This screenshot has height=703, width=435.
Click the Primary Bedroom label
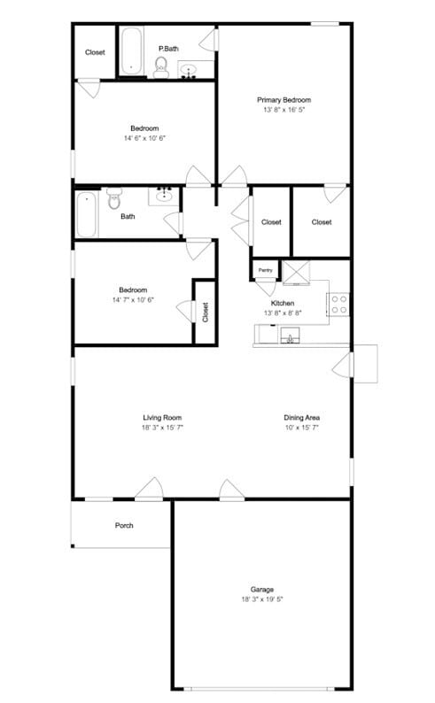point(284,100)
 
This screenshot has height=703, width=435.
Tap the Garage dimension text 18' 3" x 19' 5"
point(261,599)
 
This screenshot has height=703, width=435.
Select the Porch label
point(124,526)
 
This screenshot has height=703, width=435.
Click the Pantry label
point(265,269)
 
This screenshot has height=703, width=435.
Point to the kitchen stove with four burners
point(339,305)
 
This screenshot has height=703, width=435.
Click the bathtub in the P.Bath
point(132,51)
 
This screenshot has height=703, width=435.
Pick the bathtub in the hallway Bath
point(86,214)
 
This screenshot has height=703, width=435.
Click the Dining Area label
point(301,417)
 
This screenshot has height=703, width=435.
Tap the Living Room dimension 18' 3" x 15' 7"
point(163,428)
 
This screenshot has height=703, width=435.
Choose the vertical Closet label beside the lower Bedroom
point(205,312)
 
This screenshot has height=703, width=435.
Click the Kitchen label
point(283,303)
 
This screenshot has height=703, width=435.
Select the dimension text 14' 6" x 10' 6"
point(144,138)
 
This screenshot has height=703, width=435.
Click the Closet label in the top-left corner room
point(95,52)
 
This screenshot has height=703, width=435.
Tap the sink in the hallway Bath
point(164,194)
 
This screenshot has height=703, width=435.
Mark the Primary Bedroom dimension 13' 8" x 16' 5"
point(284,111)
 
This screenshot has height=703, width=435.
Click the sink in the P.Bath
point(190,69)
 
